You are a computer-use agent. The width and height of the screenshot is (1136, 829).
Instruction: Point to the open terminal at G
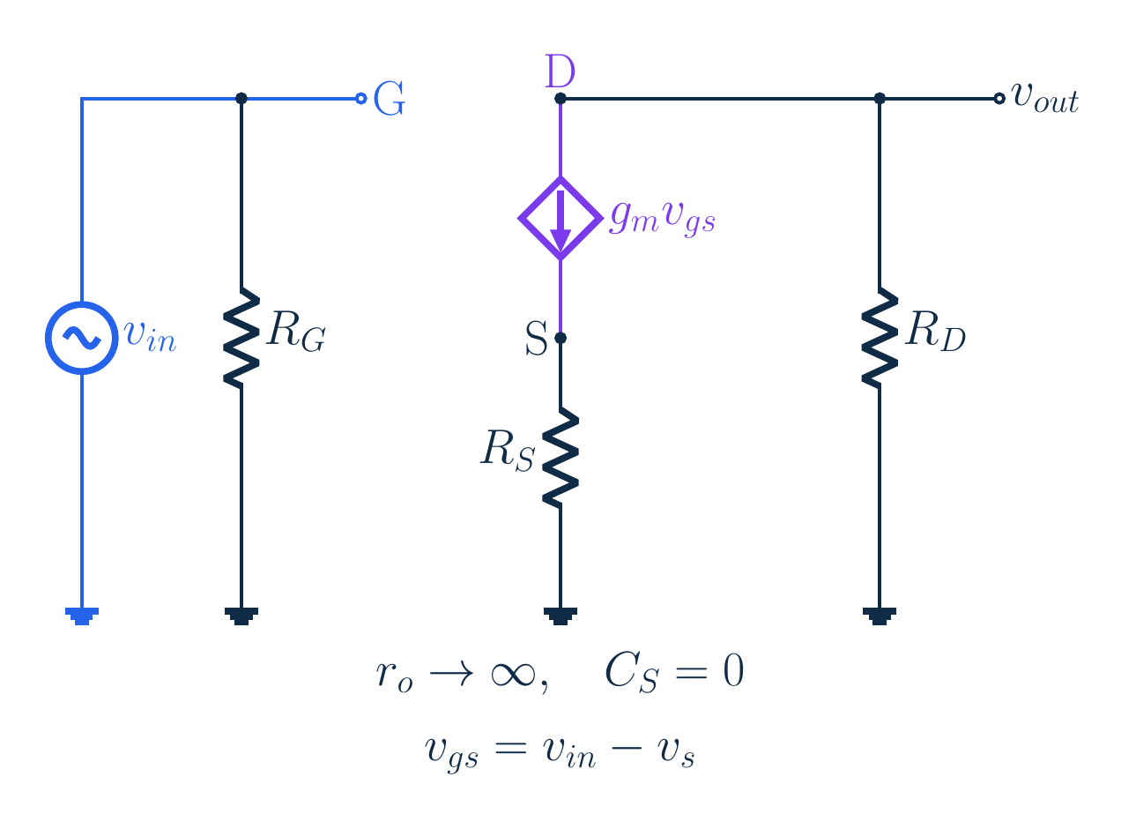pos(361,99)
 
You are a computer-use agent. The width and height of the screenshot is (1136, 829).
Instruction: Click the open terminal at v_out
pos(999,99)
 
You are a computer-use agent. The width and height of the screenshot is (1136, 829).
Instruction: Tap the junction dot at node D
pos(561,99)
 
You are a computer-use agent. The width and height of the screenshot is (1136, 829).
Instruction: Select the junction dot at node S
pos(561,338)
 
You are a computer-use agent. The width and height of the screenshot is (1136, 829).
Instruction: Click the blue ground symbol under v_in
pos(82,616)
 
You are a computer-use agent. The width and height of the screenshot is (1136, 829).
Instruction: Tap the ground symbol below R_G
pos(241,616)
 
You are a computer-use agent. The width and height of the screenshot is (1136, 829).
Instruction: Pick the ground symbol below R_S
pos(561,616)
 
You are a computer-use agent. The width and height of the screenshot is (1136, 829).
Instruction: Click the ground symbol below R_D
pos(880,616)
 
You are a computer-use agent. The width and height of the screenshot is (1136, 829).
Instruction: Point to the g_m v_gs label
pos(663,219)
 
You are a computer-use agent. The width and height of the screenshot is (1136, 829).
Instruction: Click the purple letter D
pos(560,71)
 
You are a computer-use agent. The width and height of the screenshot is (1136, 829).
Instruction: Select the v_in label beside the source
pos(150,336)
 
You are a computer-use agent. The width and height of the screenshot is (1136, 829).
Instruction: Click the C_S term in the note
pos(632,673)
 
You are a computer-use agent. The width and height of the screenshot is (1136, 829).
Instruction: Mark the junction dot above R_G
pos(241,99)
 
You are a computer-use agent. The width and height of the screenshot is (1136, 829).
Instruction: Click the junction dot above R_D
pos(880,99)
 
